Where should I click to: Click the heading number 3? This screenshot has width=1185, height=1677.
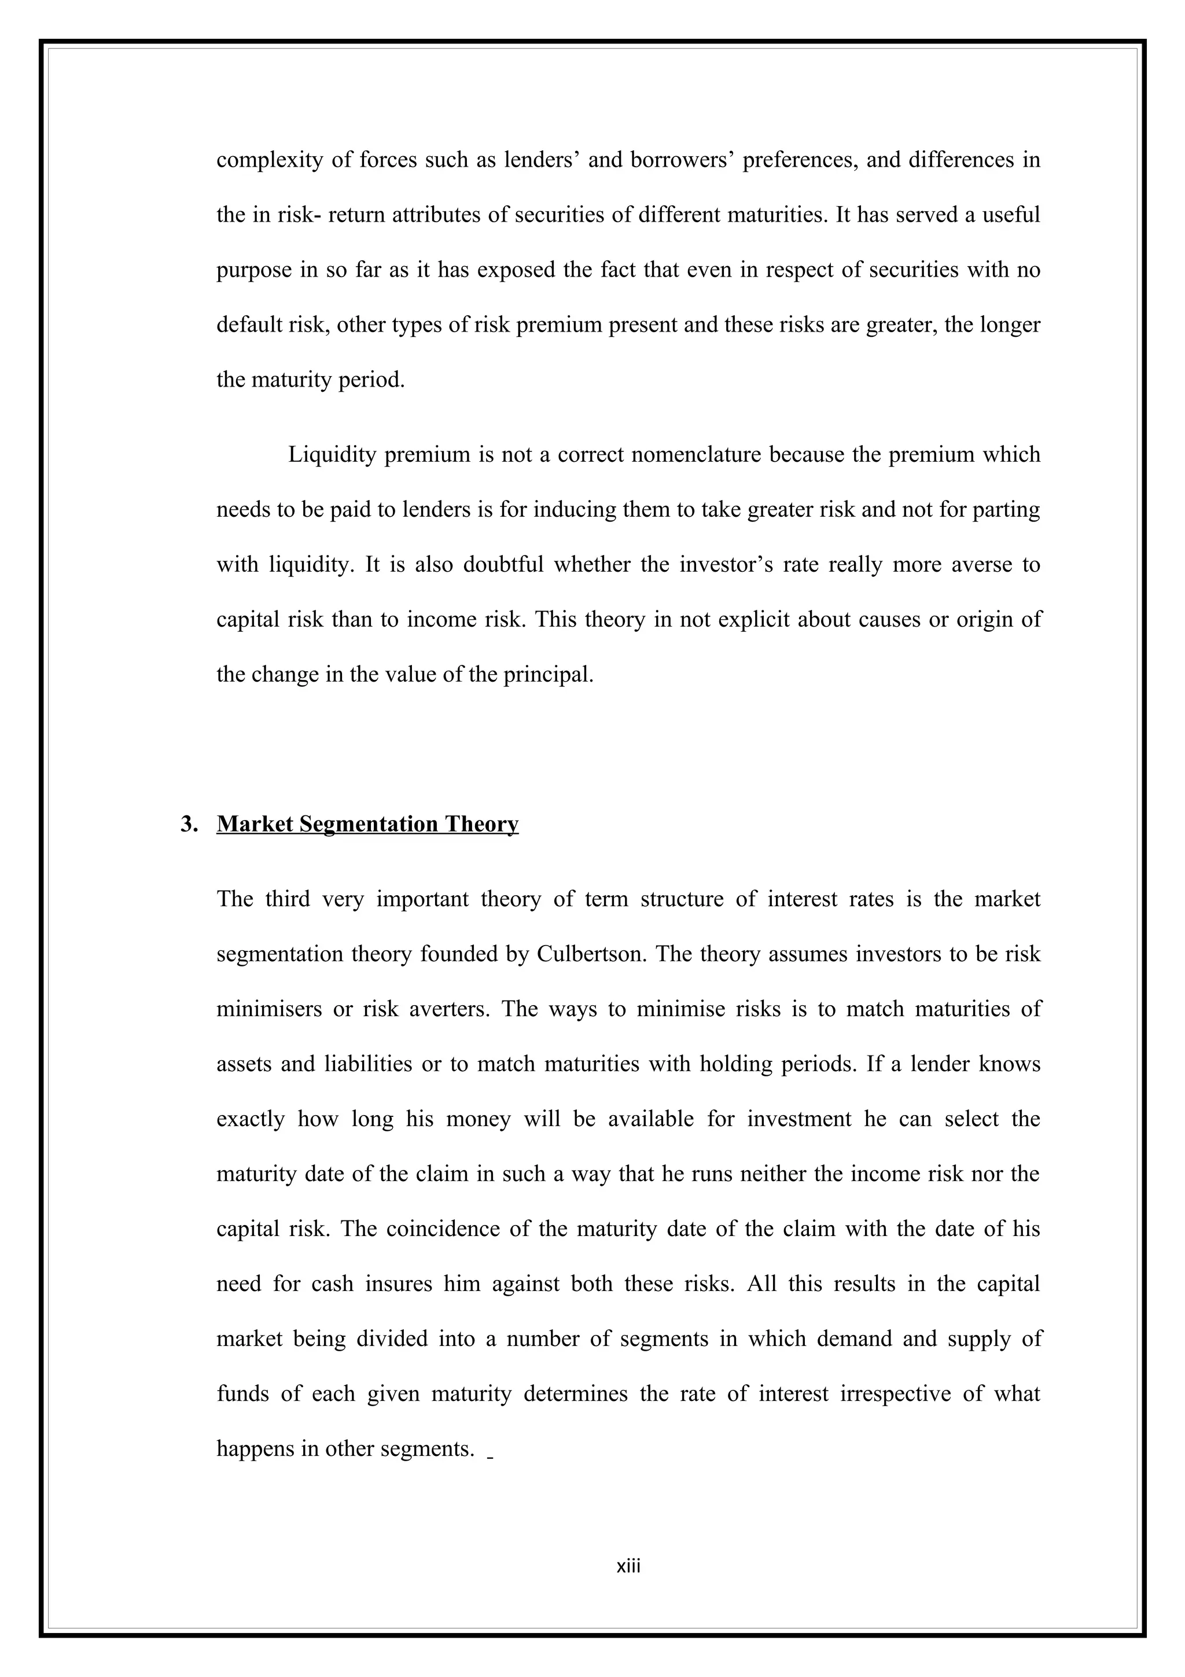[189, 824]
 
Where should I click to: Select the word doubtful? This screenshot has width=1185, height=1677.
[503, 565]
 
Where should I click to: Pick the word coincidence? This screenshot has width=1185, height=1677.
[441, 1229]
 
